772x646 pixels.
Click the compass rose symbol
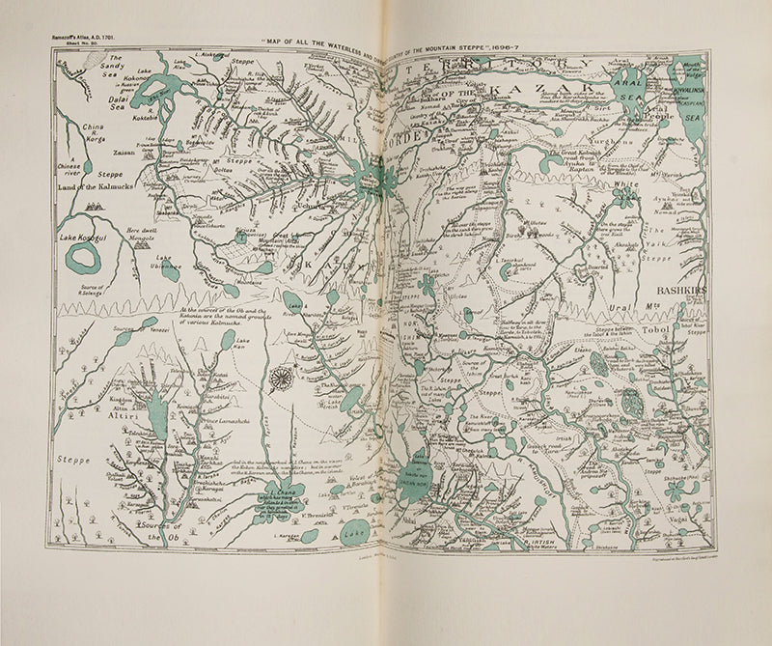click(281, 379)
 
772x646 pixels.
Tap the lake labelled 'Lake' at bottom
click(354, 530)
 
